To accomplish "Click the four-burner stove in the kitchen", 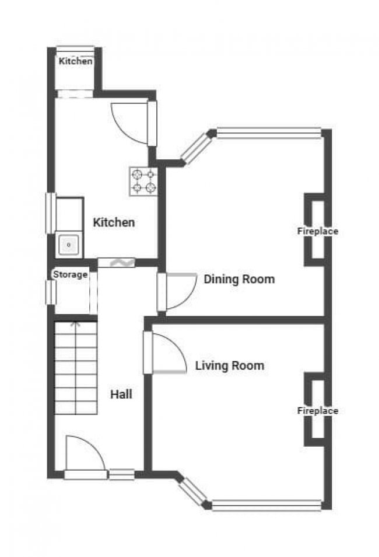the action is tap(143, 181).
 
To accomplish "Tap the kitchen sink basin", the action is tap(69, 245).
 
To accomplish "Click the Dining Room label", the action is tap(239, 279).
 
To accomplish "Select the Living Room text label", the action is tap(230, 365).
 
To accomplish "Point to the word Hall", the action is tap(121, 394).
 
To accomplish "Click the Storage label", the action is tap(71, 274).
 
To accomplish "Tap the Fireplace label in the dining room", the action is tap(318, 231).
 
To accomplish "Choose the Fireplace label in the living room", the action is tap(318, 410).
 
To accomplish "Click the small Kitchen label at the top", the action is tap(76, 61).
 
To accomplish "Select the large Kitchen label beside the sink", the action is tap(114, 222).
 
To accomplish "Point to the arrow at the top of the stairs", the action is tap(76, 324).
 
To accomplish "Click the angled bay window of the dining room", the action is tap(196, 148).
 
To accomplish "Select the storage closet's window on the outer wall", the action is tap(51, 293).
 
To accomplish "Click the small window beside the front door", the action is tap(121, 475).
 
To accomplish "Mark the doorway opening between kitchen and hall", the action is tap(116, 263).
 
